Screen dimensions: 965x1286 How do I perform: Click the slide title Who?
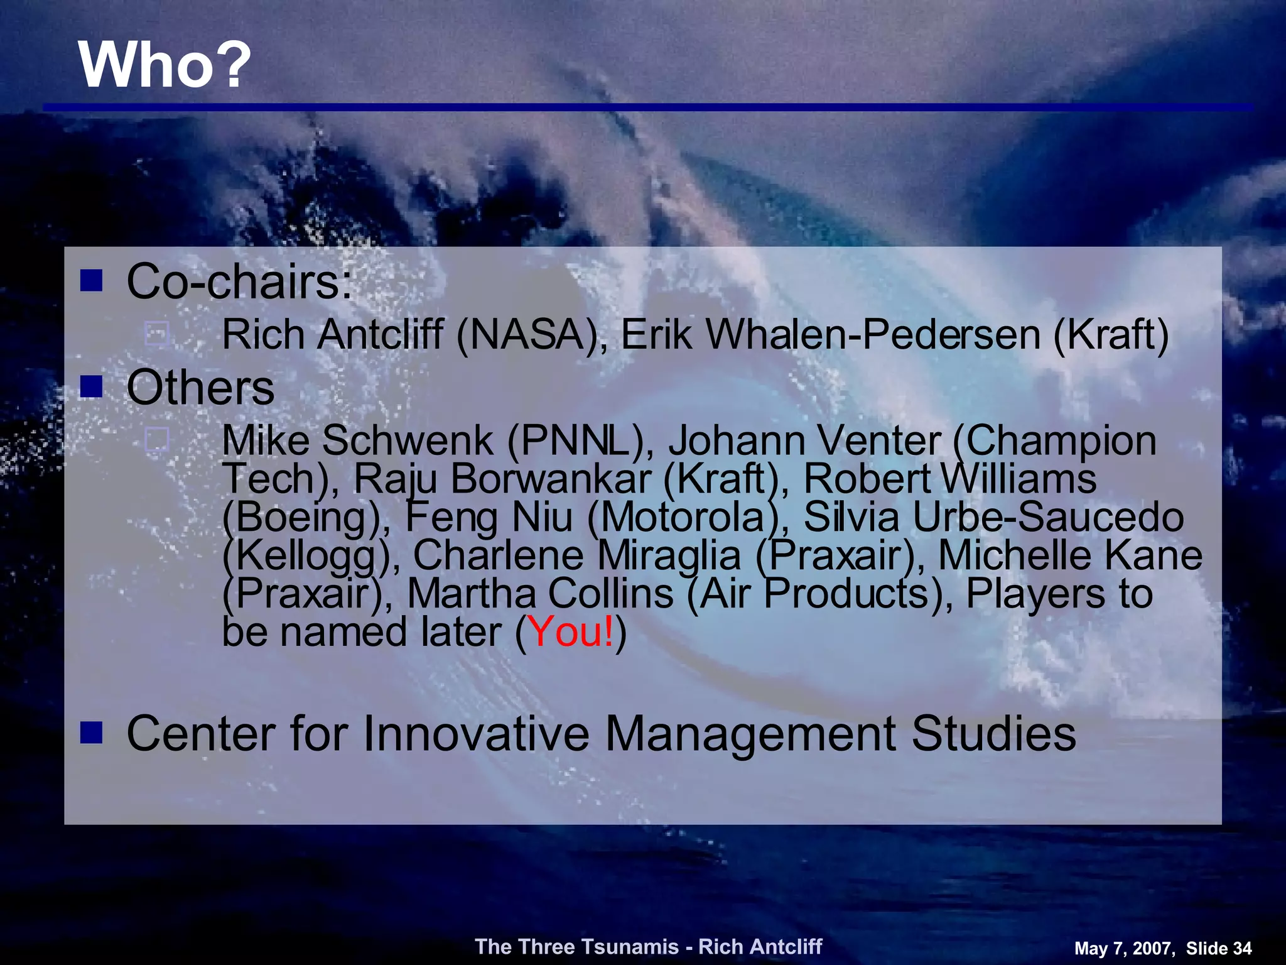point(165,65)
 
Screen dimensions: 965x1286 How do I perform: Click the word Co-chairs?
point(239,282)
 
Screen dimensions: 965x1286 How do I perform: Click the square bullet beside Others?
point(92,387)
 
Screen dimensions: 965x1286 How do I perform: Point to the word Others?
point(200,388)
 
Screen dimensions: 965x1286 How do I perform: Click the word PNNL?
point(575,440)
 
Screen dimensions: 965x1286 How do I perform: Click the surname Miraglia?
point(669,555)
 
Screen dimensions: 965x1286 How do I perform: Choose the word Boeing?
point(302,518)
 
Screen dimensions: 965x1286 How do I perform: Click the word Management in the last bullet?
point(750,733)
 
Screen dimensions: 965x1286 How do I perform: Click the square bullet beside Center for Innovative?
point(92,733)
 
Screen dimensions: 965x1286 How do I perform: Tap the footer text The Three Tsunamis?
point(577,946)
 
